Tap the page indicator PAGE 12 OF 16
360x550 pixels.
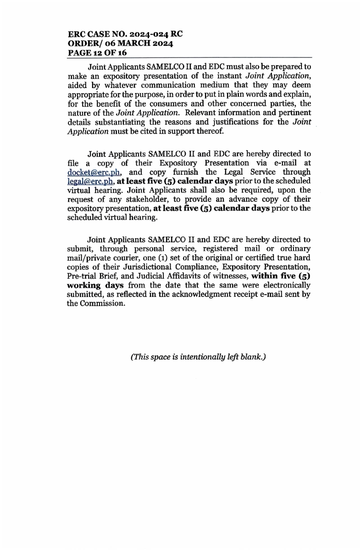click(97, 53)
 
